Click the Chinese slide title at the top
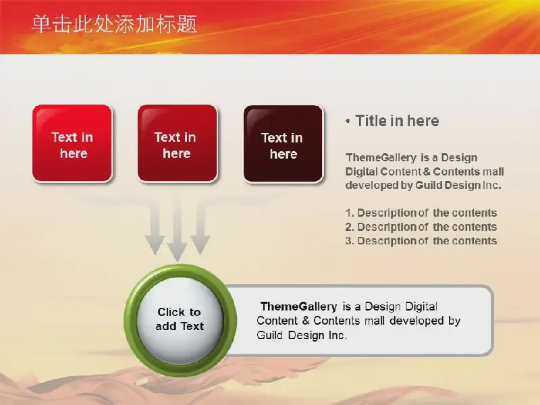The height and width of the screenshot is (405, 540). [x=114, y=24]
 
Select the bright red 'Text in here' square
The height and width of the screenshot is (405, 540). [x=72, y=143]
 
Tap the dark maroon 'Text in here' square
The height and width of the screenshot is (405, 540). [x=283, y=144]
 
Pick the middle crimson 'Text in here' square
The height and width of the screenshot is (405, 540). [x=178, y=143]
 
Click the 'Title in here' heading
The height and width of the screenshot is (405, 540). [x=397, y=121]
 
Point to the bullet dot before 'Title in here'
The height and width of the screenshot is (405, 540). [x=348, y=122]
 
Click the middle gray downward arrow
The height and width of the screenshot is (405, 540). [x=177, y=227]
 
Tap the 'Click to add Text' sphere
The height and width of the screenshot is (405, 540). [x=180, y=319]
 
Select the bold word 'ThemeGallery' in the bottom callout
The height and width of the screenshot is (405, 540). [x=299, y=306]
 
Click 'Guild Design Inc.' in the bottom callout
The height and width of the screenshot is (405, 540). [x=302, y=335]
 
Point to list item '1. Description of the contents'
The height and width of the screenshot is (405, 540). [x=421, y=213]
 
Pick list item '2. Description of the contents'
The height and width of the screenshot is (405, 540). [x=421, y=227]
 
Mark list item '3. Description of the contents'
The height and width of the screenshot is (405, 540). [x=421, y=241]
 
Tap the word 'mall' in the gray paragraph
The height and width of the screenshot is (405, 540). [x=493, y=171]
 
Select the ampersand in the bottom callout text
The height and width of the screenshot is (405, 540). [x=306, y=321]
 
